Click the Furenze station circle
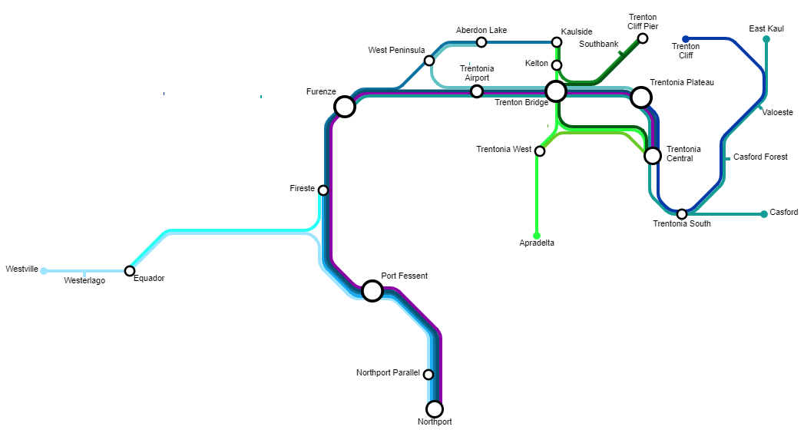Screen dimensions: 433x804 point(345,106)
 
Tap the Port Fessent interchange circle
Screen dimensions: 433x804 point(372,290)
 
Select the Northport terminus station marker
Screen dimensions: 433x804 point(435,408)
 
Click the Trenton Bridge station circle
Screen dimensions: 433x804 point(556,91)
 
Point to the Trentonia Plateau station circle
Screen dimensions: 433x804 point(641,98)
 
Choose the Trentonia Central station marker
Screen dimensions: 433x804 point(652,156)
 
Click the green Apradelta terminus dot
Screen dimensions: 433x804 point(537,236)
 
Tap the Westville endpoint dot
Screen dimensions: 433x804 point(44,270)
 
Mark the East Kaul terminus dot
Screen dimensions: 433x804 point(766,39)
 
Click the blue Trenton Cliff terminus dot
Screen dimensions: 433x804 point(686,39)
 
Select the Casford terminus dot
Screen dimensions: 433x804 point(764,214)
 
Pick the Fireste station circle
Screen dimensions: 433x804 point(323,190)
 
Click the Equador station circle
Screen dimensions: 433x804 point(130,271)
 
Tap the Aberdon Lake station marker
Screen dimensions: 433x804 point(481,42)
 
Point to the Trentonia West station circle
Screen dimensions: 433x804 point(540,151)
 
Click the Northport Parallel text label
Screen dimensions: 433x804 point(388,373)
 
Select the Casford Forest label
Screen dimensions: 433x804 point(760,157)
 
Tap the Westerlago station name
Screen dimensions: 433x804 point(84,281)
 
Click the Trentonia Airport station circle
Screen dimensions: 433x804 point(477,91)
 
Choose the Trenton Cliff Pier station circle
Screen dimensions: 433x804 point(643,38)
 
